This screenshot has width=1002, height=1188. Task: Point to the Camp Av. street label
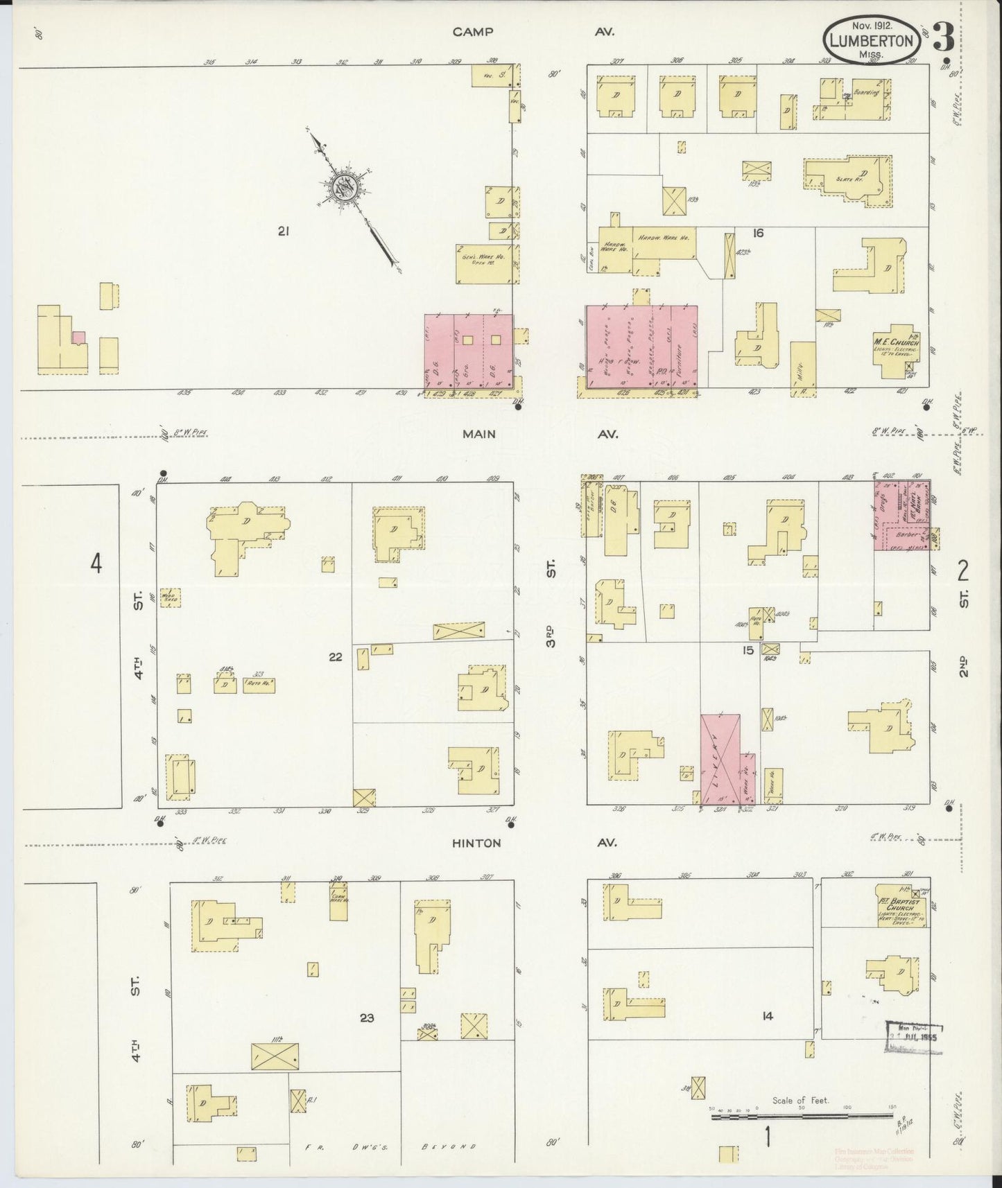[534, 32]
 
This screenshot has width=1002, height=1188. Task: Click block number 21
[282, 232]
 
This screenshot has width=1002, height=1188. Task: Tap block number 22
[336, 656]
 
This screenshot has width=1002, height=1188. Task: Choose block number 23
[368, 1017]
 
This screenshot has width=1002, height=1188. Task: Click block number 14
[766, 1016]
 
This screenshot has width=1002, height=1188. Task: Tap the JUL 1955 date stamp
[915, 1038]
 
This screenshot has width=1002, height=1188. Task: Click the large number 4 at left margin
[96, 564]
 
